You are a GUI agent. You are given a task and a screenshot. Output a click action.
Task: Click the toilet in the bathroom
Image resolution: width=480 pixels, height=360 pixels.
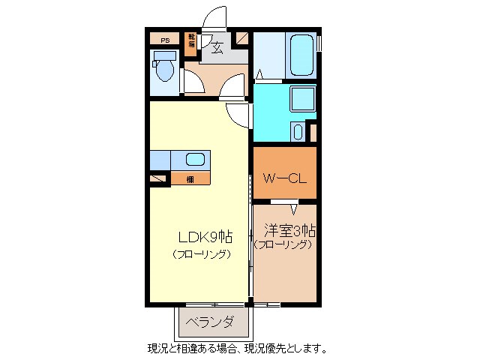(165, 69)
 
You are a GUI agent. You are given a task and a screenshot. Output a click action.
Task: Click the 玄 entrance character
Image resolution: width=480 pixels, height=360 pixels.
(217, 49)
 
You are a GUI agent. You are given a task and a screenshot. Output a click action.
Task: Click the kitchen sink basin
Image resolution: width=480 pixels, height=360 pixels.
(195, 160)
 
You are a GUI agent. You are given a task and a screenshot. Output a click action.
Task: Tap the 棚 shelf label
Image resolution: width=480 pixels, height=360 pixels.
(190, 179)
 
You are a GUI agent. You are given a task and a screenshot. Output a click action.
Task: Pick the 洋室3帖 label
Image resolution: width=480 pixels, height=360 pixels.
(289, 230)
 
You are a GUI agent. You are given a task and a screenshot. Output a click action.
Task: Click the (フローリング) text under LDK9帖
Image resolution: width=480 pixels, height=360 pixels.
(201, 254)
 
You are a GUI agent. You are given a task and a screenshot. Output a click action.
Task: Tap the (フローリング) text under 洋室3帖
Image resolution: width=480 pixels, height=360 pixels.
(283, 244)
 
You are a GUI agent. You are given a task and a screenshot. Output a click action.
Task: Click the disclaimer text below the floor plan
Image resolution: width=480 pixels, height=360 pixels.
(237, 349)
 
